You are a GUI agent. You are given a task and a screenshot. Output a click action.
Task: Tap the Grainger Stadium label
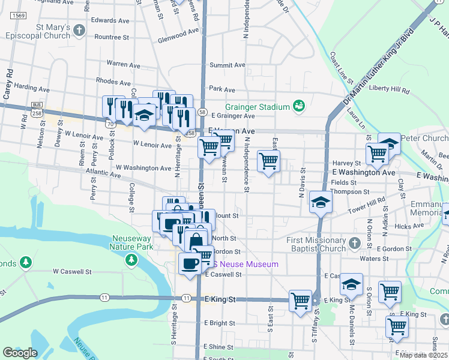[x=258, y=107]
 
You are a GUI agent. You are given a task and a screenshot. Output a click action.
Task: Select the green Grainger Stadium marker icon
[x=299, y=106]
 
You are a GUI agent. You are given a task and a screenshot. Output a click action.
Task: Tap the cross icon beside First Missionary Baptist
[x=354, y=243]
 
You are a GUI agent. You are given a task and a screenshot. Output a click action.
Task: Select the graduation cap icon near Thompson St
[x=321, y=202]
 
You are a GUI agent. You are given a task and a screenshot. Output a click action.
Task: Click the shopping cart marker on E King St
[x=300, y=301]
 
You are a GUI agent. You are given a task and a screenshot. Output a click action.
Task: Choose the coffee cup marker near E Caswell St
[x=190, y=264]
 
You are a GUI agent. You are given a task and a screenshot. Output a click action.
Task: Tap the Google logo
[x=20, y=353]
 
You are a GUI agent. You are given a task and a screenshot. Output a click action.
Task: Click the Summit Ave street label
[x=228, y=65]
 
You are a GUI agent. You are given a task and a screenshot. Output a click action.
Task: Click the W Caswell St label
[x=71, y=271]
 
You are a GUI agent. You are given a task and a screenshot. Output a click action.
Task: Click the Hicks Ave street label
[x=409, y=226]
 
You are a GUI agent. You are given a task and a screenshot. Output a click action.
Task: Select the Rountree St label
[x=112, y=37]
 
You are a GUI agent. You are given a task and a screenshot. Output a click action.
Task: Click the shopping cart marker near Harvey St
[x=378, y=154]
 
